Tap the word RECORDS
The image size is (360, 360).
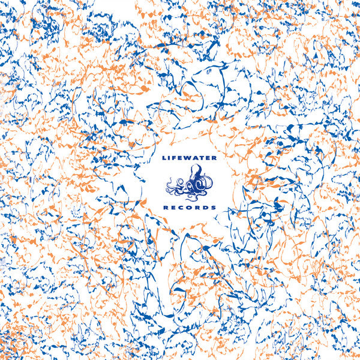point(190,207)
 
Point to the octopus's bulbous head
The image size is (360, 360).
point(194,176)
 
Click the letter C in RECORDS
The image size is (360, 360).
point(182,207)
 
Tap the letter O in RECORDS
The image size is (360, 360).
point(190,207)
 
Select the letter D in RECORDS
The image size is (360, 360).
point(205,207)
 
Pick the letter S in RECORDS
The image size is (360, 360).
point(213,207)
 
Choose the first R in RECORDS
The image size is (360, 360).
point(166,207)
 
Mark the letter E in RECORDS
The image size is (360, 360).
point(174,207)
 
